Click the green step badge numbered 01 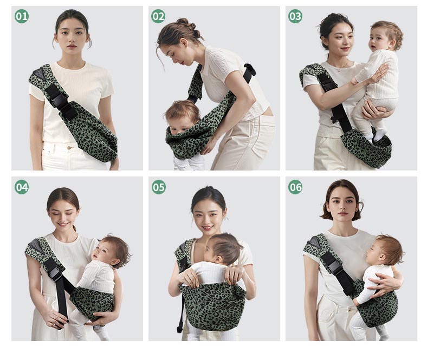coord(21,16)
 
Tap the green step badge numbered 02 coord(158,16)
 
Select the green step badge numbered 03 coord(295,16)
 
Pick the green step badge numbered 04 coord(21,187)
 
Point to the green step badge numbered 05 coord(158,187)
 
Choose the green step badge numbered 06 coord(295,187)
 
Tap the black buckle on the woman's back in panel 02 coord(249,71)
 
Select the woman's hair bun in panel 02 coord(183,24)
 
